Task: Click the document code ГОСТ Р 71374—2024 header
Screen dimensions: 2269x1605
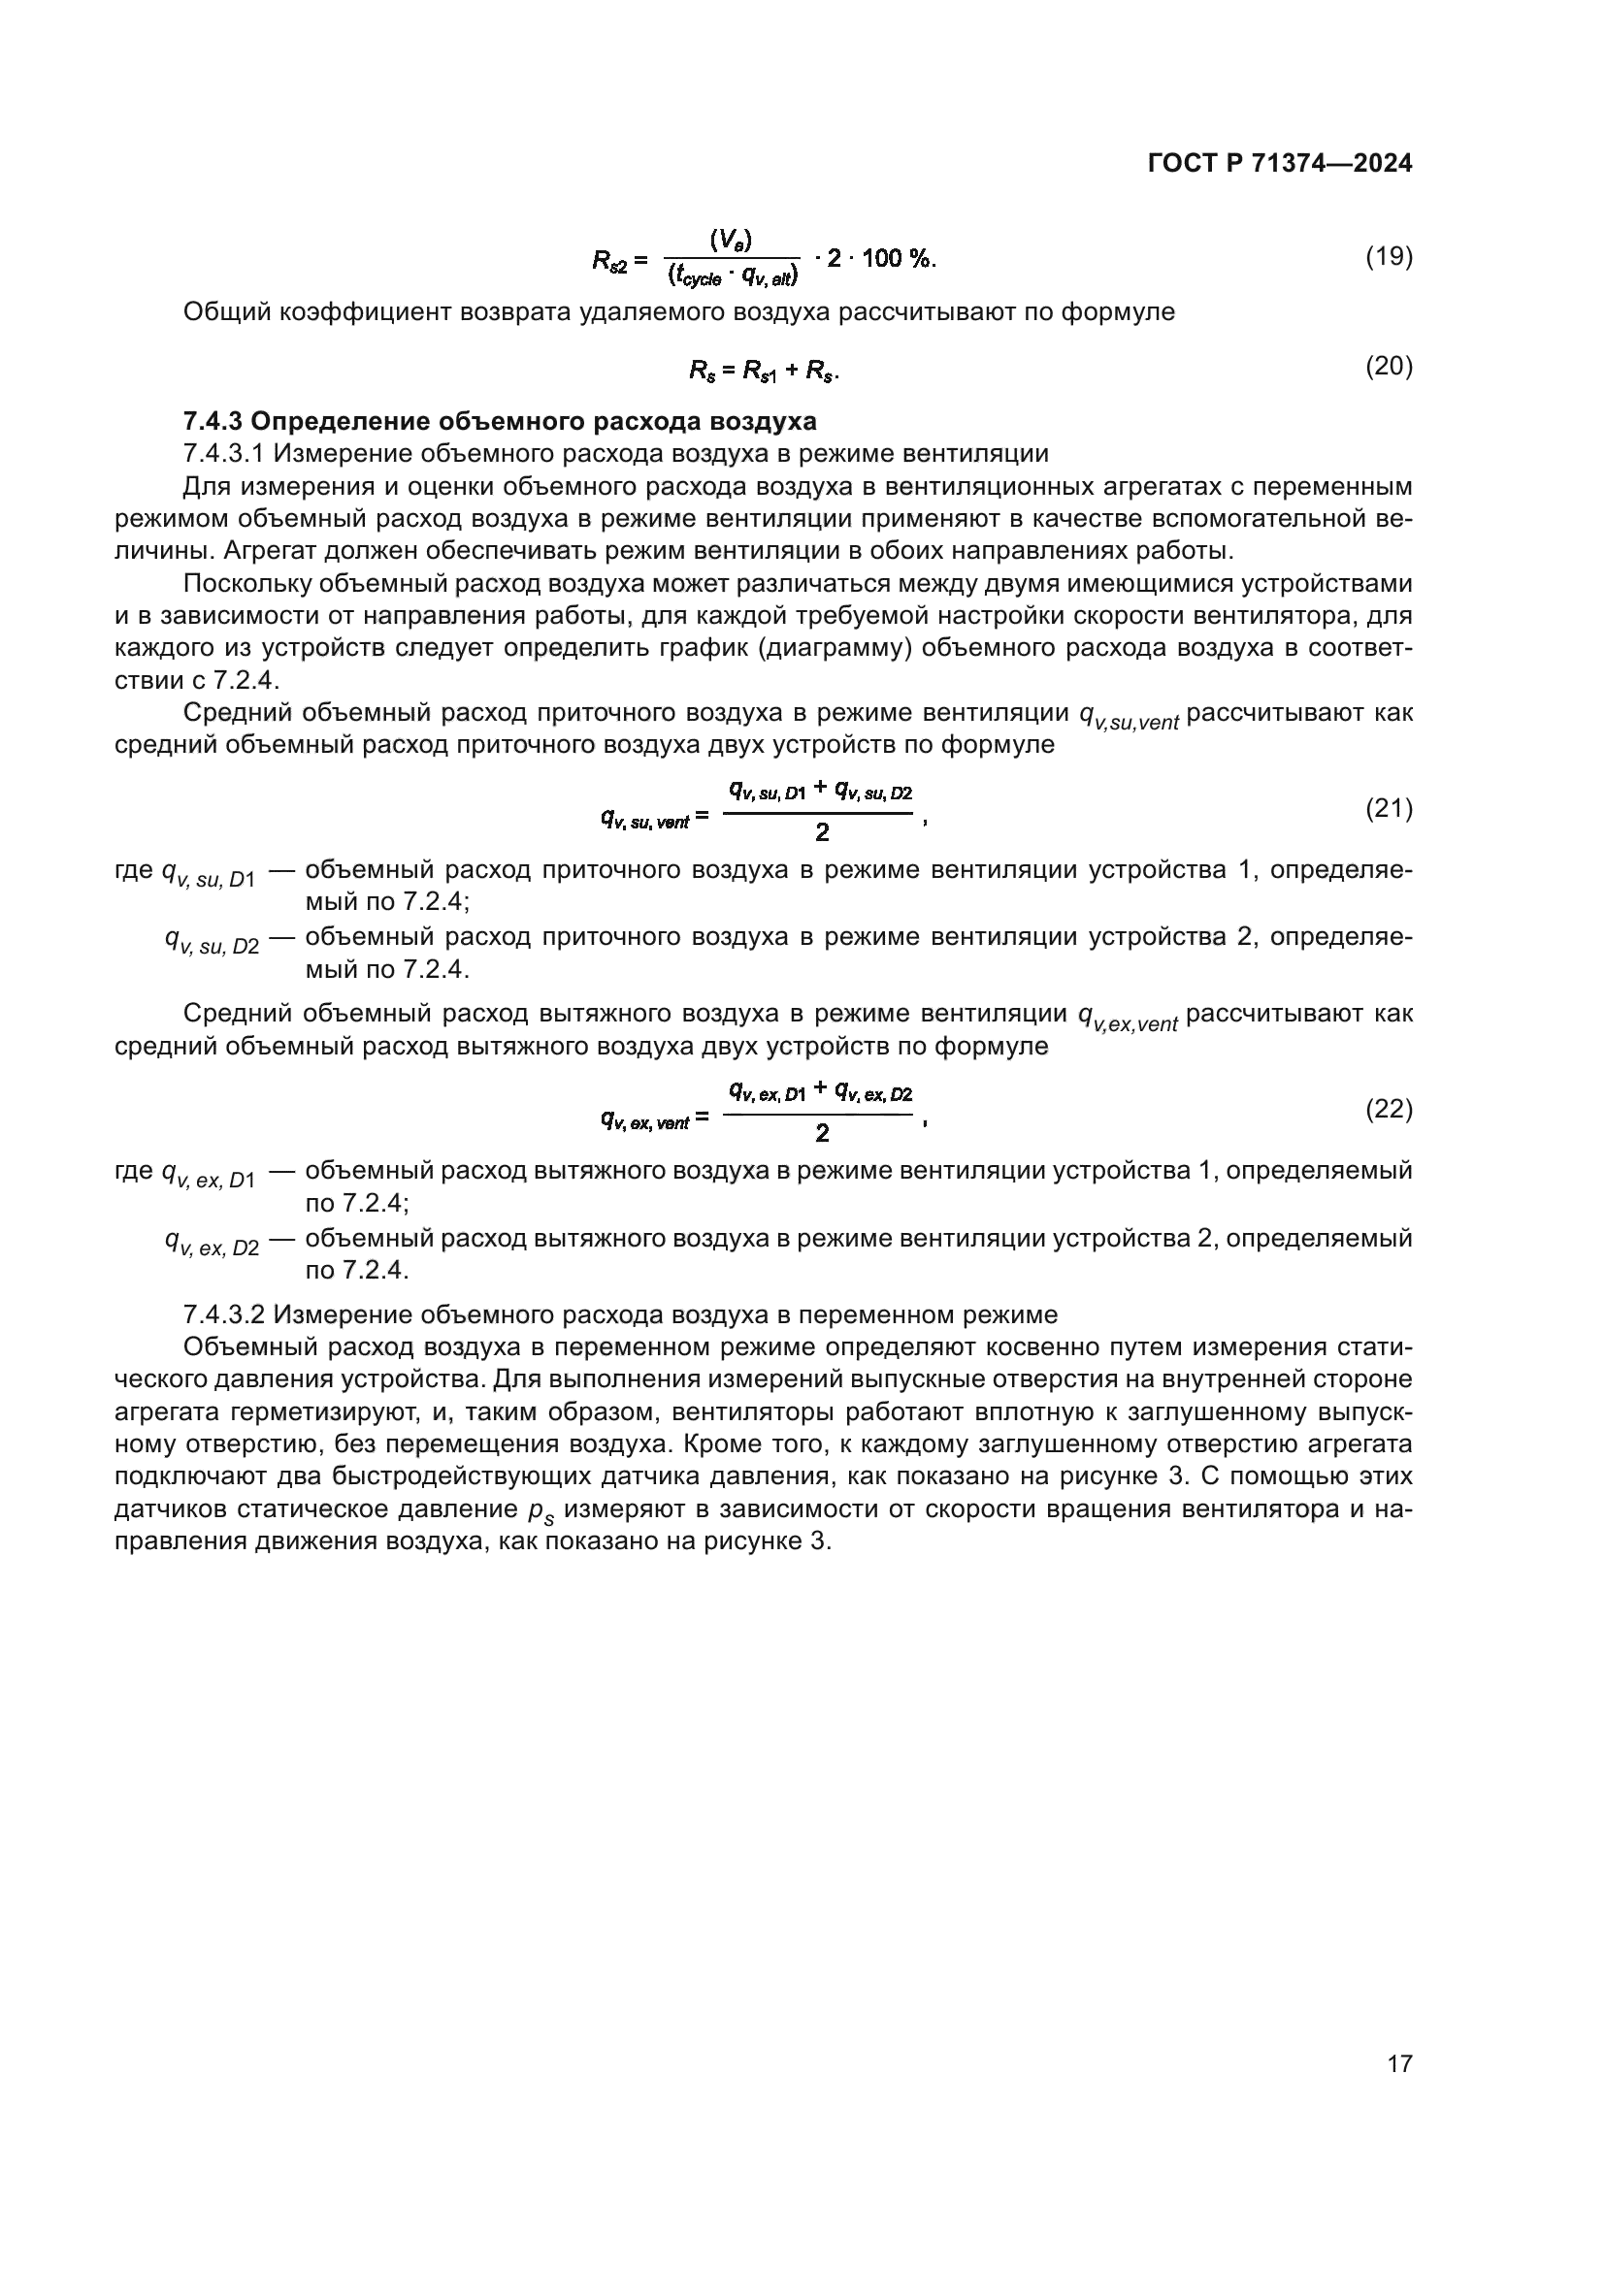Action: click(1280, 164)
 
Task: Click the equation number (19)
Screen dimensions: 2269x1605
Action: click(1389, 257)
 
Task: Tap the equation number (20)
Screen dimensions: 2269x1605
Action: click(1389, 367)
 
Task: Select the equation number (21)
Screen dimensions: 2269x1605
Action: click(1389, 808)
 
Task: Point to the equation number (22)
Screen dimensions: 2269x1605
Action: click(1389, 1109)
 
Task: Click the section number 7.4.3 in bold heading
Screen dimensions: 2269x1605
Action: click(213, 422)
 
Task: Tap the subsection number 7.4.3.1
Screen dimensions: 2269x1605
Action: click(224, 454)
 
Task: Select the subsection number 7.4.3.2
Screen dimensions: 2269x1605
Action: click(224, 1315)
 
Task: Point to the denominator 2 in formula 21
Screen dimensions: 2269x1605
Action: click(821, 833)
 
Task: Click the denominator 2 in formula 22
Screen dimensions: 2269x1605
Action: click(821, 1133)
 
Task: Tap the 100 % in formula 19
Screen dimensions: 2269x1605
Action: click(896, 259)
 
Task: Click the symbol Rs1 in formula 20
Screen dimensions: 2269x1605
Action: click(760, 372)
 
